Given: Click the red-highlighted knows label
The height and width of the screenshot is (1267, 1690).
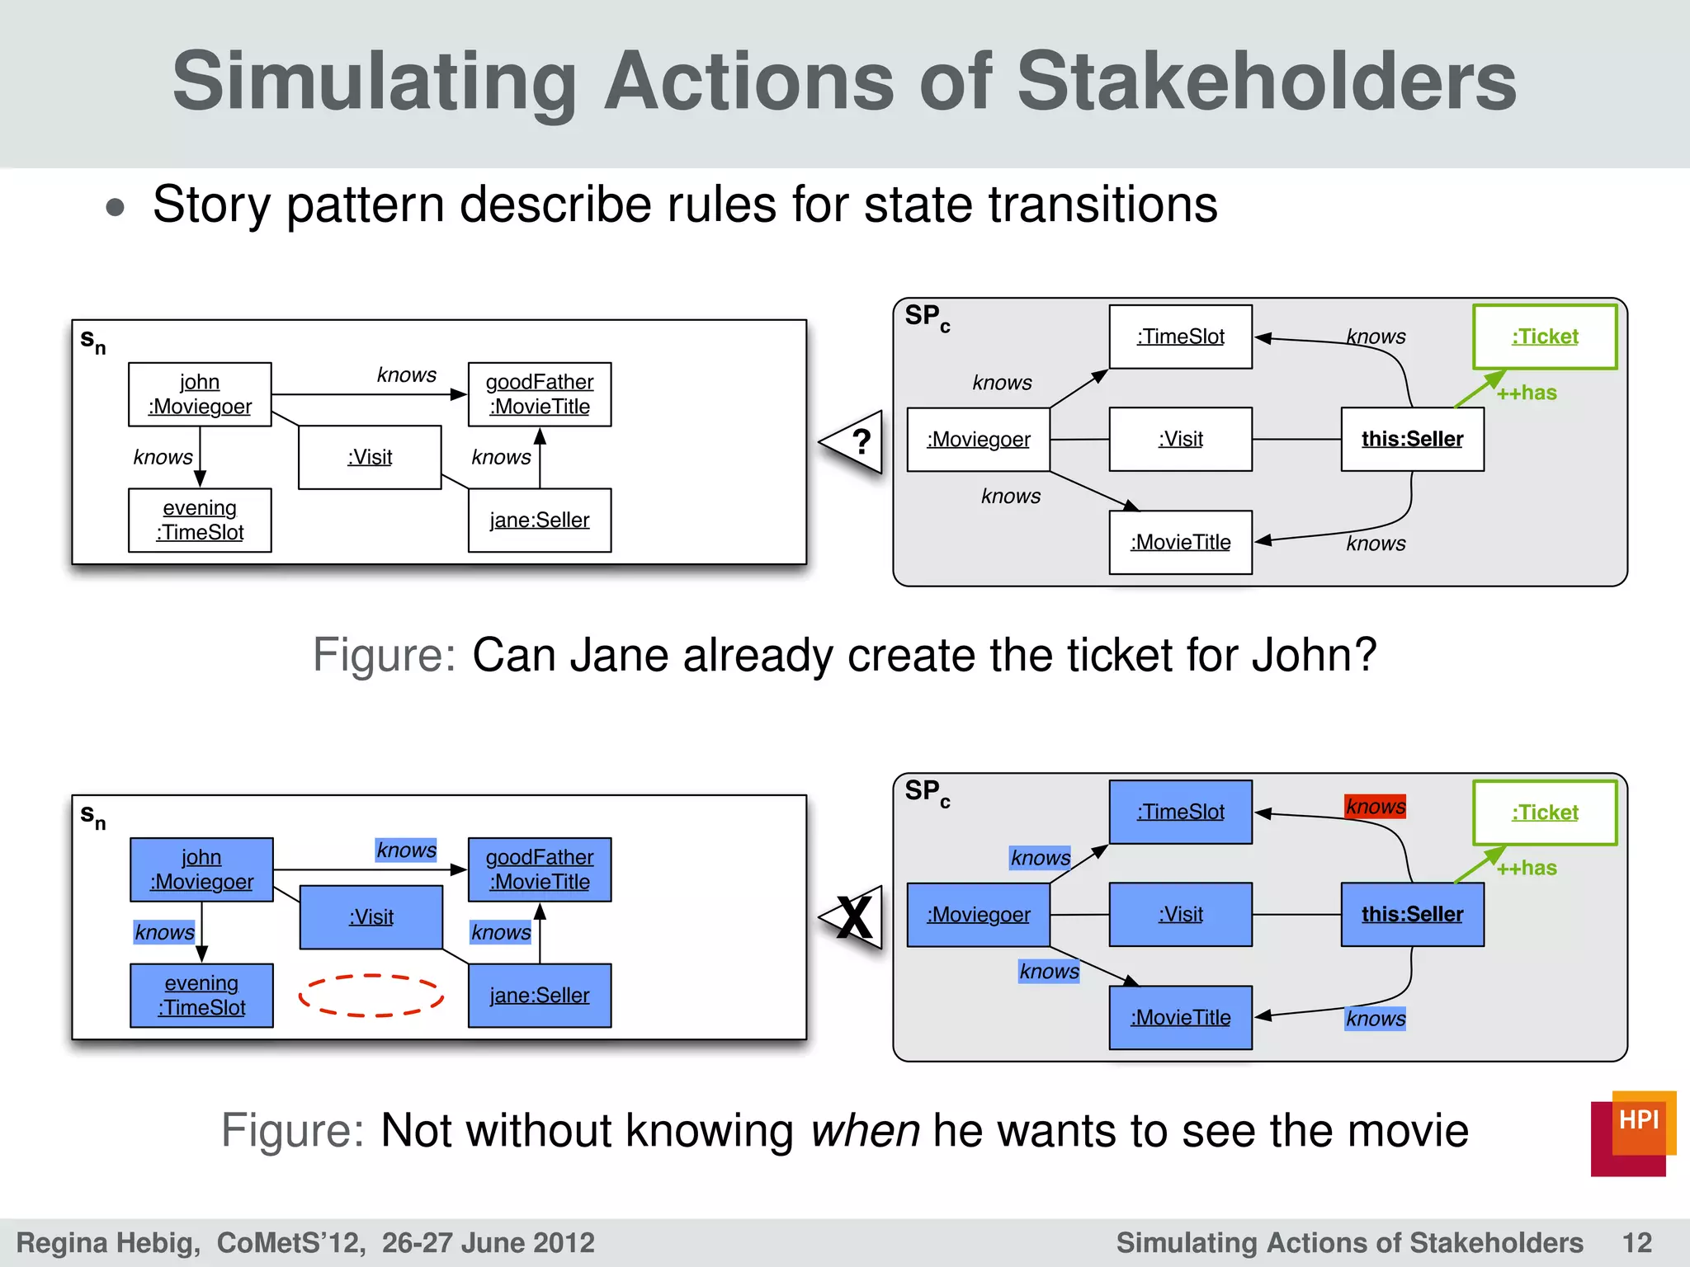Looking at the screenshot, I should click(x=1375, y=806).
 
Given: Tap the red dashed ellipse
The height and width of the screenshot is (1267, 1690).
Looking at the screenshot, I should click(x=371, y=995).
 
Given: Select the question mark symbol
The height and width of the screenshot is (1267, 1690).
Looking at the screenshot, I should click(x=861, y=442).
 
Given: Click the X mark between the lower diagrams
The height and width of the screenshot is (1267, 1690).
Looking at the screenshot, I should click(x=855, y=917).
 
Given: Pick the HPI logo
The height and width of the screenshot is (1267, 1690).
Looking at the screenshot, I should click(x=1632, y=1133).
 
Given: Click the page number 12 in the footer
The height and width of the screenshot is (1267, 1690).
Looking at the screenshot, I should click(x=1636, y=1242).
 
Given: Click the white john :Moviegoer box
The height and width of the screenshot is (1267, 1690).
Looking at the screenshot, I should click(x=200, y=394).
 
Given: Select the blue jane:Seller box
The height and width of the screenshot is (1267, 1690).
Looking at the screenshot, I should click(x=540, y=995).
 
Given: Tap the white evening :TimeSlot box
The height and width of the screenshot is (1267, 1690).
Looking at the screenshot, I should click(x=200, y=520).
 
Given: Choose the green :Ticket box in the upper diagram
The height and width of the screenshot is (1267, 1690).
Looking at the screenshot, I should click(x=1544, y=337).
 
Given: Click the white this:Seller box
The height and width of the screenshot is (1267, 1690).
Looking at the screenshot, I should click(x=1412, y=439).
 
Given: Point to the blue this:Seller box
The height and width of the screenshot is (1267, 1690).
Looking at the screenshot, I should click(x=1412, y=914).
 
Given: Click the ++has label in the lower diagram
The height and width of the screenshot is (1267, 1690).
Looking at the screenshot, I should click(x=1527, y=868).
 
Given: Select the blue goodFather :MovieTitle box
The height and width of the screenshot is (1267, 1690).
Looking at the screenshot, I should click(x=540, y=869).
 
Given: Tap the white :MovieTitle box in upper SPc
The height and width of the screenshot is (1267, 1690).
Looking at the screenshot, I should click(x=1180, y=542).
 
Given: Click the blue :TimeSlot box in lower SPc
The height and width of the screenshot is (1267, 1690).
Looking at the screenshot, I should click(x=1180, y=812).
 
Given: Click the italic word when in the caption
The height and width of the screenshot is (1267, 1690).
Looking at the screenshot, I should click(x=864, y=1130).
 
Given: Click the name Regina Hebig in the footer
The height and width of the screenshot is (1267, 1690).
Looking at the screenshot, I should click(x=107, y=1242).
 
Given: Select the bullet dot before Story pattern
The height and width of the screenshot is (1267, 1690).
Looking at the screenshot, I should click(x=116, y=207).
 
